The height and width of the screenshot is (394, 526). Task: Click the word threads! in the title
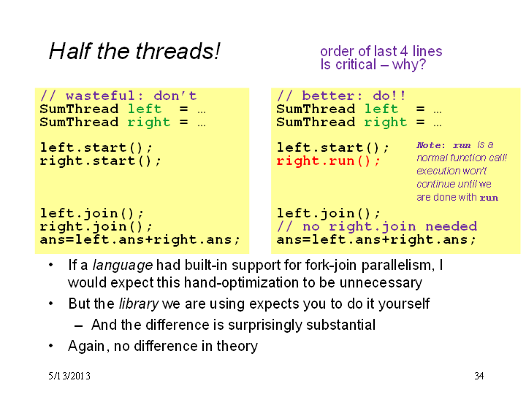click(x=178, y=51)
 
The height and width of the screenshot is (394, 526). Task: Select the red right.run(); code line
click(x=328, y=161)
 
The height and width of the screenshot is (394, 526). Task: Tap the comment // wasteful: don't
click(x=118, y=96)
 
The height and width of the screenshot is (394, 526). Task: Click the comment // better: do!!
click(x=341, y=96)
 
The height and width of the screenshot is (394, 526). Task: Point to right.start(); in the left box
click(x=100, y=161)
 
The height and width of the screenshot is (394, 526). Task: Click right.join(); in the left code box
click(x=96, y=227)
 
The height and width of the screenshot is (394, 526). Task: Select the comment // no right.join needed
click(x=377, y=227)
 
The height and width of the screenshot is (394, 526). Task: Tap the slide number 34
click(x=479, y=376)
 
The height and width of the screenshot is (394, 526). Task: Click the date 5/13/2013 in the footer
click(x=69, y=376)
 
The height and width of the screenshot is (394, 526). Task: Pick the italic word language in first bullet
click(x=123, y=266)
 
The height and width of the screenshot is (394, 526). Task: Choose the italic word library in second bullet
click(x=139, y=304)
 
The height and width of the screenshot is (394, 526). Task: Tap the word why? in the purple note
click(x=409, y=64)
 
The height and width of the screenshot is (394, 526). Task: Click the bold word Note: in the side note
click(x=431, y=145)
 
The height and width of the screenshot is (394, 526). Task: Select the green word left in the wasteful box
click(x=145, y=109)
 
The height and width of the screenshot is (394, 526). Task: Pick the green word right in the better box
click(x=386, y=123)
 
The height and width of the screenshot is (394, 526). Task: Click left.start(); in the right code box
click(x=333, y=147)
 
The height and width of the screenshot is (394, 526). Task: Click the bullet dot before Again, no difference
click(x=51, y=345)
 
